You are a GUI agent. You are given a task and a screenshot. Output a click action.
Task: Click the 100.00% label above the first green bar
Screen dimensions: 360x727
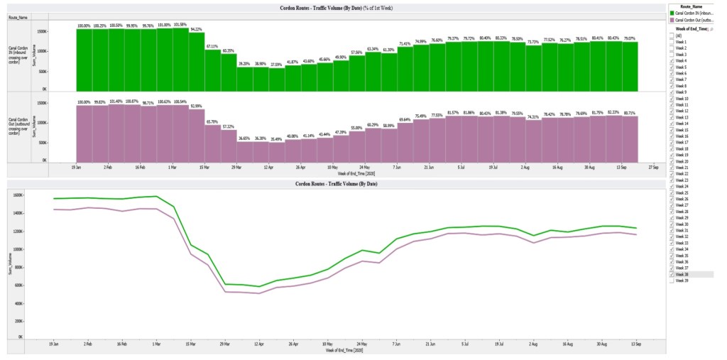tap(84, 26)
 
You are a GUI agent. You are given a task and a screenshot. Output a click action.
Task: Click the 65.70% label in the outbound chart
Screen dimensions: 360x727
tap(212, 121)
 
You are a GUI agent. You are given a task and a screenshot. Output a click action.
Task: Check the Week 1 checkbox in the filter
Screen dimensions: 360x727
tap(672, 42)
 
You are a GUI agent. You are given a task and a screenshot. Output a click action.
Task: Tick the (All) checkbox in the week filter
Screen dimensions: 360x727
tap(672, 36)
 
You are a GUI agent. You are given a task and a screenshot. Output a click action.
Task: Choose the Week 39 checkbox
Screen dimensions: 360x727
tap(672, 280)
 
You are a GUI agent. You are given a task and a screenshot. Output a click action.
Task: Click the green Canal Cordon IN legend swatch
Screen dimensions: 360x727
tap(672, 13)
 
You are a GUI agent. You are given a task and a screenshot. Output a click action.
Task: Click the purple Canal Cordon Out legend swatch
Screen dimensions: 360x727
tap(672, 19)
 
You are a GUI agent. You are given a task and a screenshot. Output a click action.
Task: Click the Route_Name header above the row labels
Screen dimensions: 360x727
tap(18, 16)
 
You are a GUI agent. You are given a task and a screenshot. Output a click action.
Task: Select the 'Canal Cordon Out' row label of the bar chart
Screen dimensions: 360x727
tap(18, 125)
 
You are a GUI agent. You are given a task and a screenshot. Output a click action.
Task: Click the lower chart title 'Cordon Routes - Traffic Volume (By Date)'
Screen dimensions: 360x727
tap(336, 184)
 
